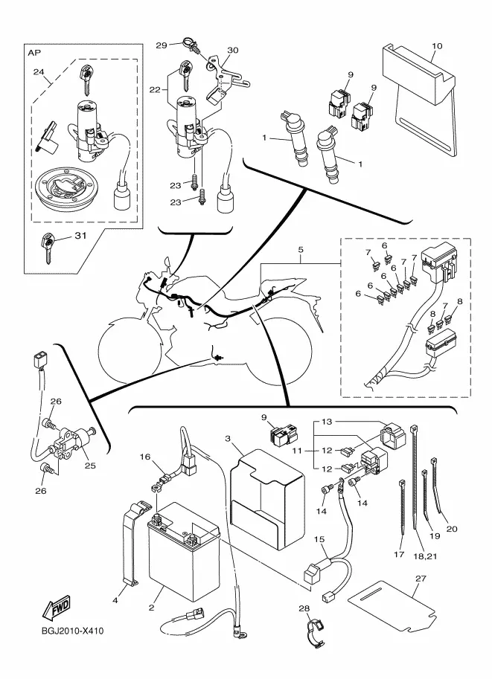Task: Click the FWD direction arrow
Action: pos(56,607)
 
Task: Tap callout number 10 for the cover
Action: pos(437,46)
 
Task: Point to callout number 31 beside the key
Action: pos(80,236)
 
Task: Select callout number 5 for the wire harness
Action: pos(301,250)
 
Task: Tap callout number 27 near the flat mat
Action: pos(421,578)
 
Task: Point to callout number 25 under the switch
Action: pos(90,466)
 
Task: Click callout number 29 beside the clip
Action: pos(162,45)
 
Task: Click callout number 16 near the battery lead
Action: pos(145,457)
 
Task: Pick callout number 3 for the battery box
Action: pos(228,439)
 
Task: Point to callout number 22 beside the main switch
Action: pos(155,90)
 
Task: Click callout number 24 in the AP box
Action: pos(39,72)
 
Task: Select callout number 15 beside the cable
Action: pos(319,539)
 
